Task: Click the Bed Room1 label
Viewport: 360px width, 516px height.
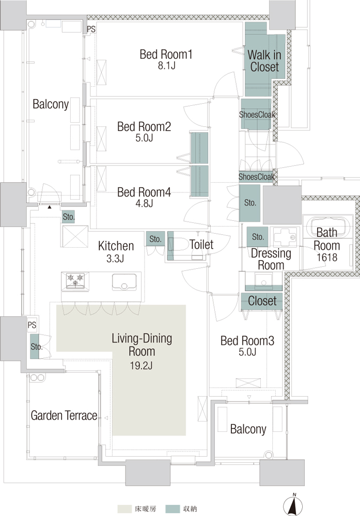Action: tap(166, 54)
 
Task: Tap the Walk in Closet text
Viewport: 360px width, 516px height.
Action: tap(264, 61)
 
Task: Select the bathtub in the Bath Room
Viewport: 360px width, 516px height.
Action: tap(327, 226)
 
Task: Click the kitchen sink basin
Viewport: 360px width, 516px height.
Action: tap(124, 282)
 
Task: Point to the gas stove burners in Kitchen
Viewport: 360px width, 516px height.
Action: tap(75, 280)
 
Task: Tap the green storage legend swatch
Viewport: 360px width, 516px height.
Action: tap(173, 509)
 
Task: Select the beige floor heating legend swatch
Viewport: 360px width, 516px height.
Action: tap(124, 509)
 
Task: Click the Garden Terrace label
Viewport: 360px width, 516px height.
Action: tap(64, 415)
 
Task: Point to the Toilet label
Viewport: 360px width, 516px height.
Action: tap(201, 244)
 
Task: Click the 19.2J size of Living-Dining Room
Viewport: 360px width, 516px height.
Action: tap(142, 365)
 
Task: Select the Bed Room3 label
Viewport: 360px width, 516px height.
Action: tap(247, 341)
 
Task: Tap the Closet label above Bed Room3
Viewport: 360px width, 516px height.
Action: tap(262, 301)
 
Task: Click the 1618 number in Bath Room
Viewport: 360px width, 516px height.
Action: tap(327, 257)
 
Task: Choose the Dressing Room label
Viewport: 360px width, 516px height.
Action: tap(271, 259)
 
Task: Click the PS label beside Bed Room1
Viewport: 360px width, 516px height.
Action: tap(91, 29)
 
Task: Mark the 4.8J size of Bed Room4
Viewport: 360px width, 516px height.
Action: tap(144, 203)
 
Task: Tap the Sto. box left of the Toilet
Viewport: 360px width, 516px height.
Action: tap(155, 238)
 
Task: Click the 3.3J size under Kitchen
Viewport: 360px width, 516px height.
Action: tap(115, 259)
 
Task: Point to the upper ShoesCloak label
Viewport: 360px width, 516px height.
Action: tap(257, 115)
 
